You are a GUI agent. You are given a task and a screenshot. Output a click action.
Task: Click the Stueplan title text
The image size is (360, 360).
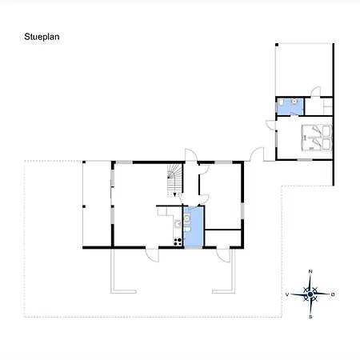(x=42, y=37)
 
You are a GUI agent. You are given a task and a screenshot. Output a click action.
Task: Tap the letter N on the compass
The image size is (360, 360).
(x=310, y=271)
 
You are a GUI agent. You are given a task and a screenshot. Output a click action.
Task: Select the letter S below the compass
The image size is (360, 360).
(x=310, y=317)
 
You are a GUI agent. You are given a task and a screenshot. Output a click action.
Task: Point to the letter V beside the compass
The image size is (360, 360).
(x=287, y=294)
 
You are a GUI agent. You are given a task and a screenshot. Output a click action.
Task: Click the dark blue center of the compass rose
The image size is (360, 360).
(x=310, y=294)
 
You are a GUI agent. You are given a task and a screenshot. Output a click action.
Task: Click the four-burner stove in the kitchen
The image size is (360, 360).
(x=178, y=242)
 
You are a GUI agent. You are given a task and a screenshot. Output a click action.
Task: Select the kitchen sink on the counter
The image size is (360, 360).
(x=178, y=224)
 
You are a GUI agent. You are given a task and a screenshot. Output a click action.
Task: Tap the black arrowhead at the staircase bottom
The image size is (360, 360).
(x=174, y=195)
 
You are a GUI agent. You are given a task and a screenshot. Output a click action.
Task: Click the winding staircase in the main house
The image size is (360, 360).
(x=174, y=181)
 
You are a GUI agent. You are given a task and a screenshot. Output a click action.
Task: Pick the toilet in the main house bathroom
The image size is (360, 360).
(x=187, y=230)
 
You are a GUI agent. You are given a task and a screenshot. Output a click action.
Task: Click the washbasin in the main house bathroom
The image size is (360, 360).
(x=187, y=218)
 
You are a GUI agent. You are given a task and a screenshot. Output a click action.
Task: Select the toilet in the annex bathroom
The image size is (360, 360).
(x=280, y=102)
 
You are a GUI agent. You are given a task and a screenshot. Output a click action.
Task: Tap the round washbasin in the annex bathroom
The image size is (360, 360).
(x=294, y=102)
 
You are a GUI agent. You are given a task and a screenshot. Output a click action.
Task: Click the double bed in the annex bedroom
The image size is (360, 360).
(x=317, y=138)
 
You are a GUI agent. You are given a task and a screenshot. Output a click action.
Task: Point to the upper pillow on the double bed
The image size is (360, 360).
(x=326, y=131)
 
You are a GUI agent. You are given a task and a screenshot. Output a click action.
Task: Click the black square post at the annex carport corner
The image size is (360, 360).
(x=277, y=45)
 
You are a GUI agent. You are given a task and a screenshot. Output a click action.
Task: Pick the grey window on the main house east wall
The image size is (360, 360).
(x=242, y=211)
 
